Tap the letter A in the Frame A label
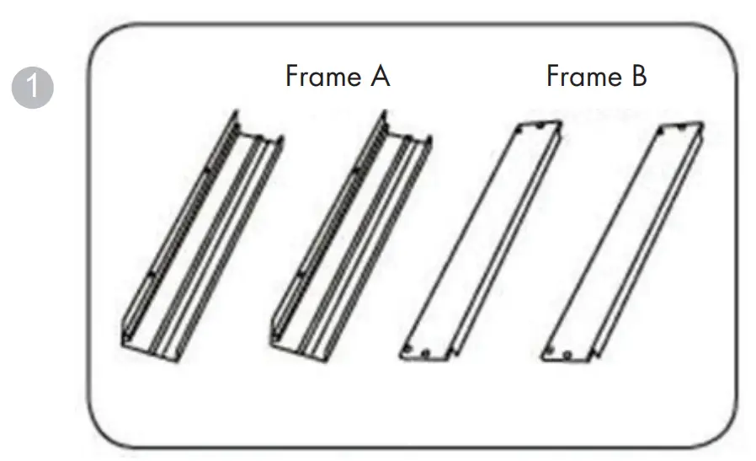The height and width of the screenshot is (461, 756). pyautogui.click(x=379, y=78)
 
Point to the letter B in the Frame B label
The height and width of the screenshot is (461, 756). pyautogui.click(x=638, y=78)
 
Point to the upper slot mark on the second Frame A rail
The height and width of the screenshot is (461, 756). pyautogui.click(x=357, y=173)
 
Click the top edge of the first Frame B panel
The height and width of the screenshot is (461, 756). pyautogui.click(x=535, y=126)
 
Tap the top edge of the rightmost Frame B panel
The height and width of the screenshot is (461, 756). pyautogui.click(x=679, y=126)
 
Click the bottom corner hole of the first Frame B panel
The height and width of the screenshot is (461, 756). pyautogui.click(x=409, y=351)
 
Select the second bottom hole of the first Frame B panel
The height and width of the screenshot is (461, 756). pyautogui.click(x=426, y=352)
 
